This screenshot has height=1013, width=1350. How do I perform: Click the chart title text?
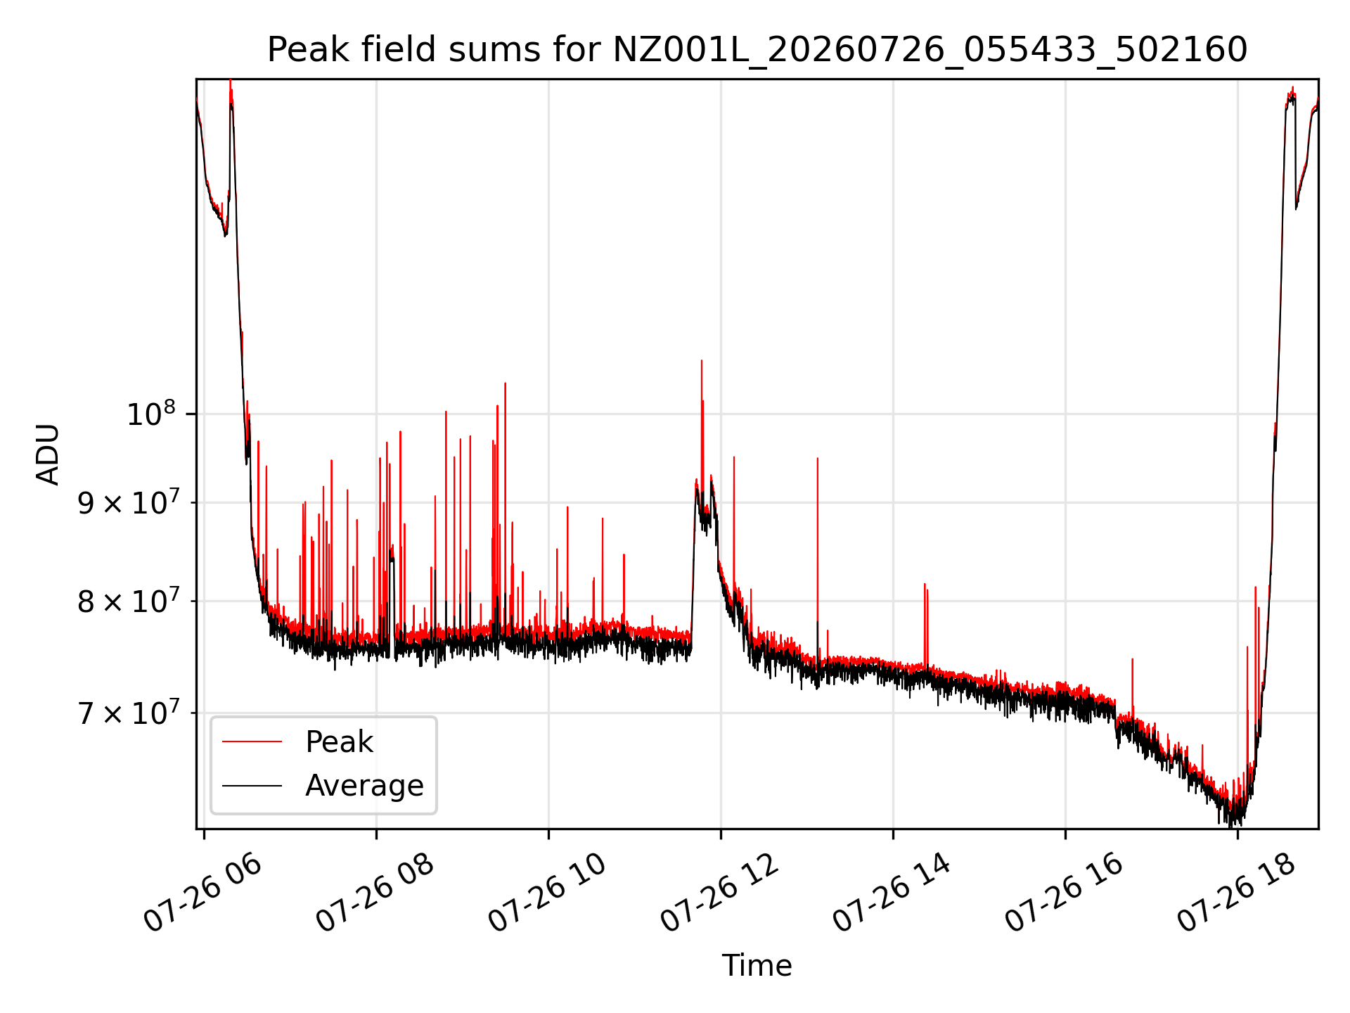coord(757,50)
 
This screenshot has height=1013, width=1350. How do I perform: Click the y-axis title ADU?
coord(48,454)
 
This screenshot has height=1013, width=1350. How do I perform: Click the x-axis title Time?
coord(757,966)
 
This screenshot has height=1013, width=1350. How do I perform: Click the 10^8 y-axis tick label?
coord(150,414)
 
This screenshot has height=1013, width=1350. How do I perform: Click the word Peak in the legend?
coord(339,742)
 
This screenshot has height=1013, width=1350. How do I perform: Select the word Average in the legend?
coord(364,785)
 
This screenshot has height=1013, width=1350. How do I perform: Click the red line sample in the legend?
coord(252,741)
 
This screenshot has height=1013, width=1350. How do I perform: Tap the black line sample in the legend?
coord(252,785)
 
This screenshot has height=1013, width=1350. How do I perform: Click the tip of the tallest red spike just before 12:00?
coord(701,361)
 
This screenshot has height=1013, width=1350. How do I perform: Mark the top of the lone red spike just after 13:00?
coord(817,459)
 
